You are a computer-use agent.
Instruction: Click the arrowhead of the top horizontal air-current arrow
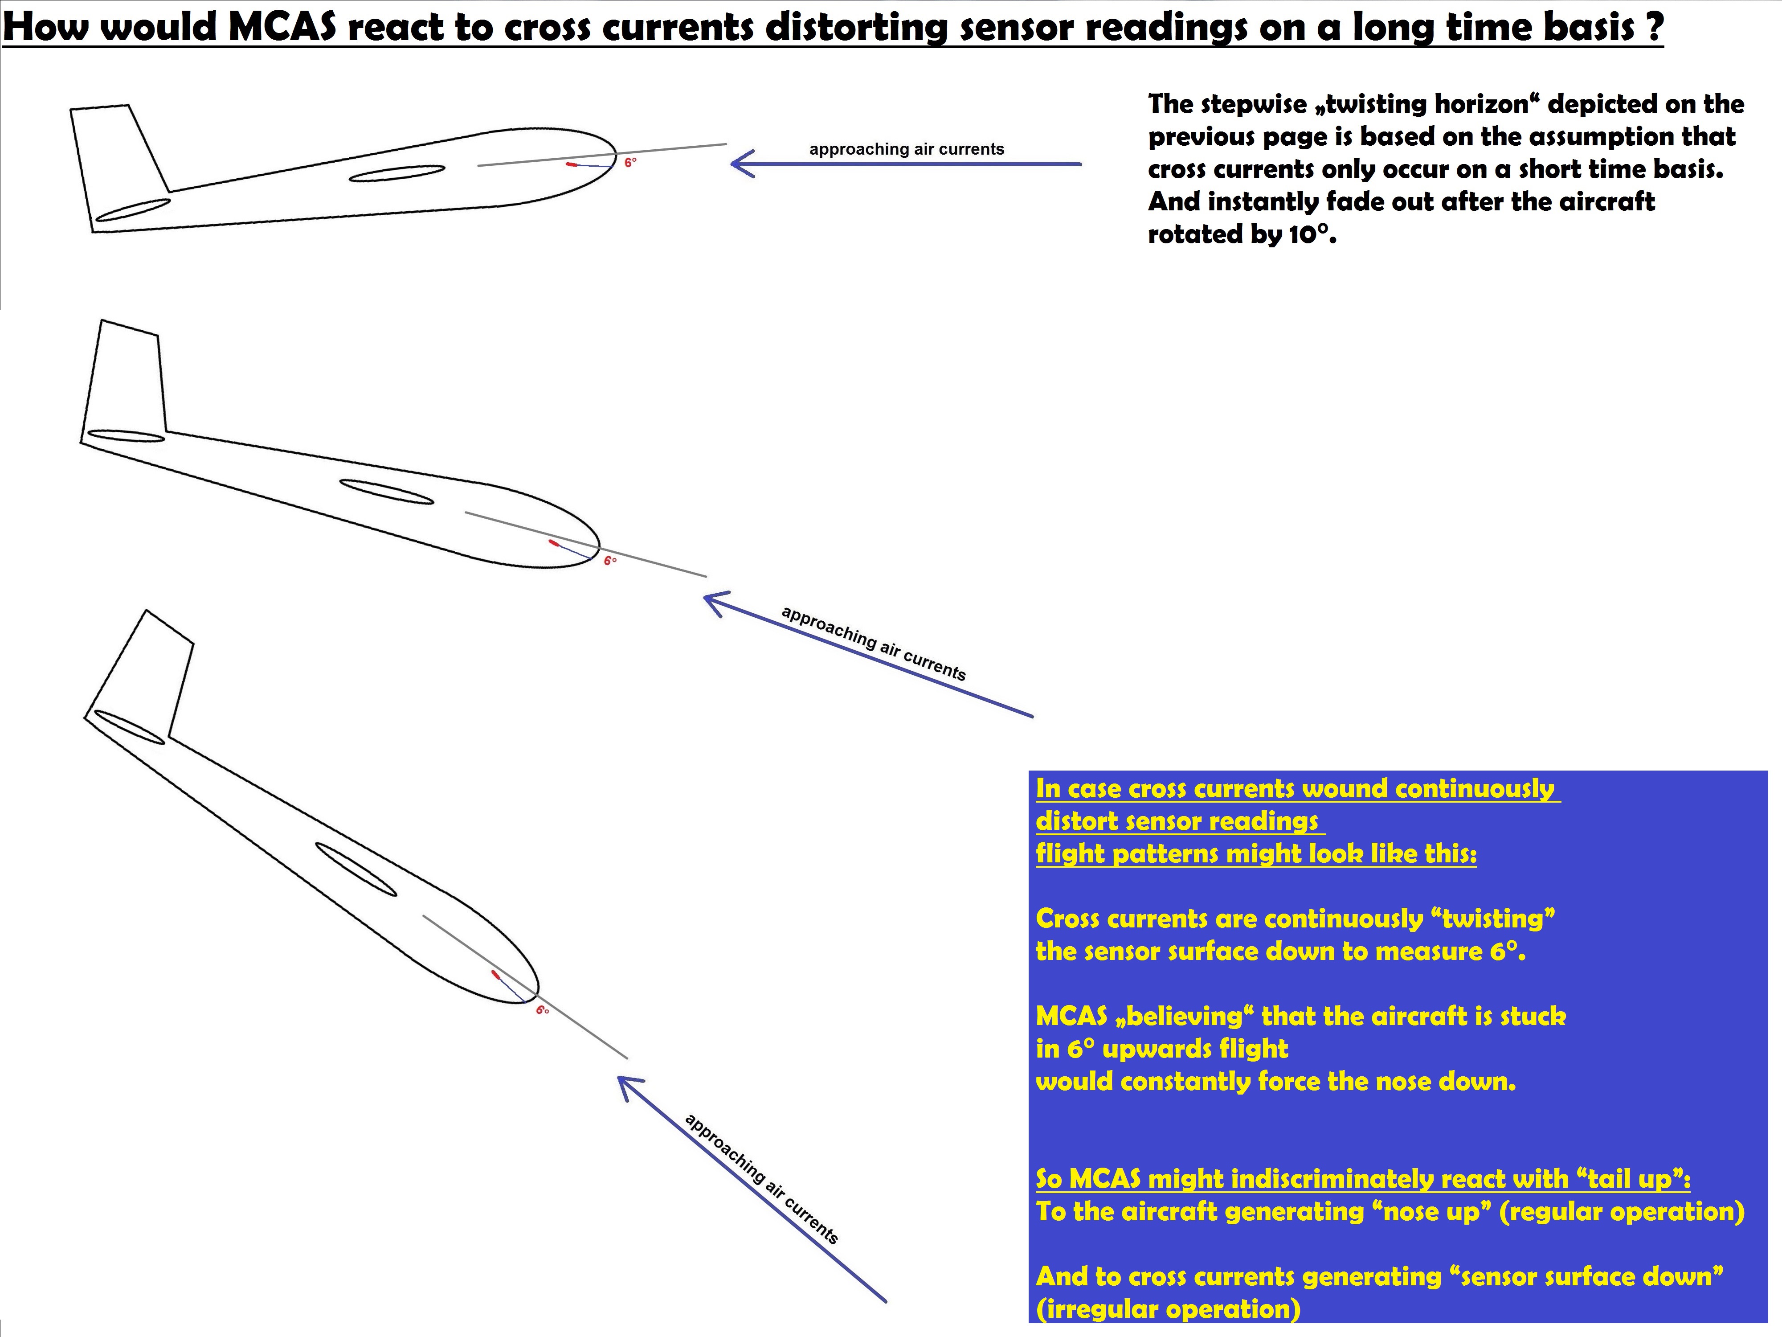742,164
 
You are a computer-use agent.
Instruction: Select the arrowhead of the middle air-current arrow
716,603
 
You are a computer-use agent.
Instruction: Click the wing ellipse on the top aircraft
397,173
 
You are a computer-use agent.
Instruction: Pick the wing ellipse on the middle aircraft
387,492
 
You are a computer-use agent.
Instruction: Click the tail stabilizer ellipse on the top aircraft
133,209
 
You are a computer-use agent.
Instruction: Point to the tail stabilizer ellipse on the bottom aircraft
129,727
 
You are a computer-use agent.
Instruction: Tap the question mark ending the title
1654,27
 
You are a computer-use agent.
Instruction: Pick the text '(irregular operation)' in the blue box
1168,1309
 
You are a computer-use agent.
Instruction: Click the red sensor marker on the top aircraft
572,164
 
